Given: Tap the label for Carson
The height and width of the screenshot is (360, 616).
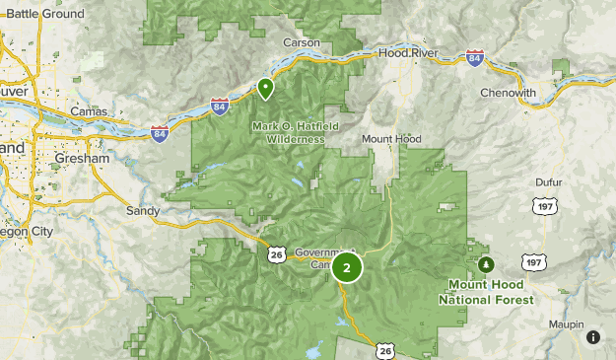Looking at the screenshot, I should click(x=302, y=42).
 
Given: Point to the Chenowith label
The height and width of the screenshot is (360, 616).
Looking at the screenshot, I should click(x=508, y=93).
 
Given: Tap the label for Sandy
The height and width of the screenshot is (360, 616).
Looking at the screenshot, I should click(x=143, y=211).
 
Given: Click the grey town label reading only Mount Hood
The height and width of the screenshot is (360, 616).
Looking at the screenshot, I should click(x=391, y=139).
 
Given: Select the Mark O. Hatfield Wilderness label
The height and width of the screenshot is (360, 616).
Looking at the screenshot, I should click(x=288, y=132).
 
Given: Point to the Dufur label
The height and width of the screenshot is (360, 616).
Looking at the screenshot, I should click(x=548, y=182).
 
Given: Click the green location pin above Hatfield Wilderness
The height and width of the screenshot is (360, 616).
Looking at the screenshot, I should click(x=265, y=89).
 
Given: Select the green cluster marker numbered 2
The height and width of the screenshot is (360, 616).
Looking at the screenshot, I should click(x=347, y=266).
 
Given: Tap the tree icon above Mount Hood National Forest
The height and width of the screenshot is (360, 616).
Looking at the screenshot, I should click(x=486, y=264).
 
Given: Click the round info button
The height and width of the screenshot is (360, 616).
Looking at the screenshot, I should click(x=593, y=337).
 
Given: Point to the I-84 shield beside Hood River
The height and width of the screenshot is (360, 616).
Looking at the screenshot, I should click(x=475, y=59).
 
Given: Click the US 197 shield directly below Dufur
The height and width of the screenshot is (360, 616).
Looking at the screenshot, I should click(x=542, y=206).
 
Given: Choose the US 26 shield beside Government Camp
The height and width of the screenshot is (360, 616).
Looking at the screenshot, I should click(x=276, y=254).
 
